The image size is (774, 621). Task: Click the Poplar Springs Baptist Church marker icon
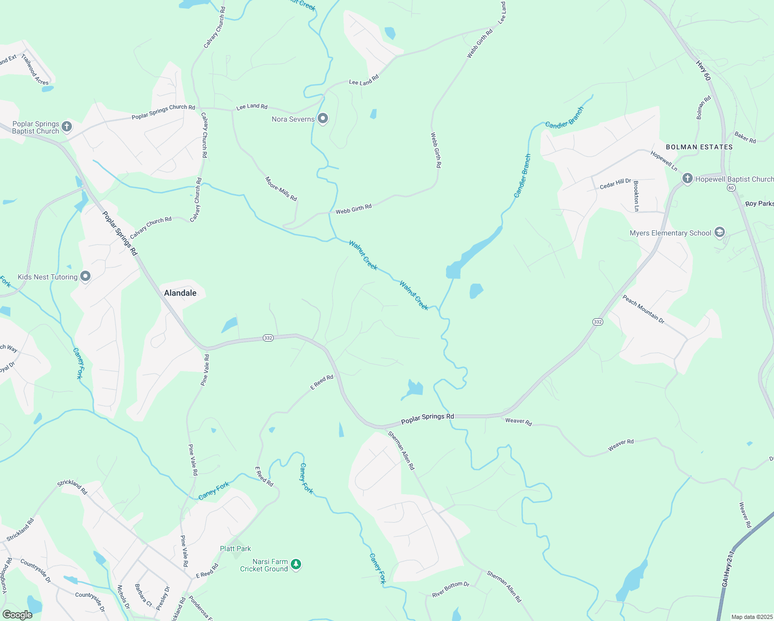(67, 126)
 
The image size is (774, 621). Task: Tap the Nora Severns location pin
(323, 119)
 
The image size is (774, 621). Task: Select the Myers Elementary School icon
(719, 233)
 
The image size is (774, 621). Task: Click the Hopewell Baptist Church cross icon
(687, 179)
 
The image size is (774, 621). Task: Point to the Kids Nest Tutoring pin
(85, 277)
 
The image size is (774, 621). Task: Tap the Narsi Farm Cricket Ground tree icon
(296, 564)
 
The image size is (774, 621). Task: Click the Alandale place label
(180, 293)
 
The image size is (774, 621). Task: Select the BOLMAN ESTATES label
(699, 147)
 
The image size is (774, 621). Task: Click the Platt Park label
(235, 549)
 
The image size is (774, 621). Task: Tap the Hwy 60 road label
(703, 71)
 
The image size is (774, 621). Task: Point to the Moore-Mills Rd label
(281, 189)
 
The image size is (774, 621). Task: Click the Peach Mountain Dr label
(643, 309)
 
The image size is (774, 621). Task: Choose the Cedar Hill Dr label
(615, 184)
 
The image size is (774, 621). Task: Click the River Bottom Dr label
(451, 589)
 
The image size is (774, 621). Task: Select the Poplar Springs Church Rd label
(163, 112)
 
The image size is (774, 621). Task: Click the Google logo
(18, 615)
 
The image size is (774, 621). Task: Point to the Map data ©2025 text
(751, 617)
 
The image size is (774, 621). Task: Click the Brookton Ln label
(636, 196)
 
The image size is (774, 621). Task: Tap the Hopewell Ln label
(664, 161)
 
